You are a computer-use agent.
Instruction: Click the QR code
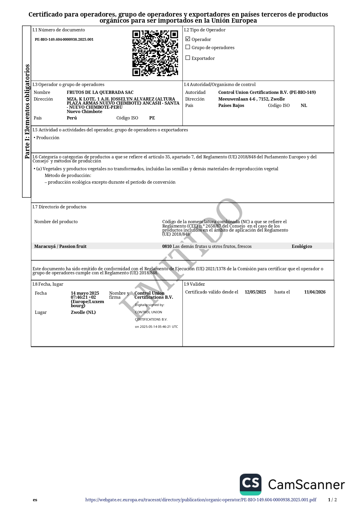155,53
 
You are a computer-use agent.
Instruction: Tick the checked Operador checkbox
188,39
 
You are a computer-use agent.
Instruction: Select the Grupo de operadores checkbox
188,47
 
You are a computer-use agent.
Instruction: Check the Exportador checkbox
188,58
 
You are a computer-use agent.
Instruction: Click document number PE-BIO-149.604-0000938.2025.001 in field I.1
64,40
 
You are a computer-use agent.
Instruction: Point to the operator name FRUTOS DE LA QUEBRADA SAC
100,92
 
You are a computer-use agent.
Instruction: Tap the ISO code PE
152,118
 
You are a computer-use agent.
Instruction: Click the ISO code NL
304,105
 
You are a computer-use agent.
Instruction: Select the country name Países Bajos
231,105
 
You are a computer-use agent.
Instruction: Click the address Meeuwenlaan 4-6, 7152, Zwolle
251,99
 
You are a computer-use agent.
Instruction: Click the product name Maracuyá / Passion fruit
60,246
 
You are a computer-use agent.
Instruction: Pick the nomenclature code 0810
167,246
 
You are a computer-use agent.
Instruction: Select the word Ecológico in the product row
302,246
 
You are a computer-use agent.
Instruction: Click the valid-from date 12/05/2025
255,292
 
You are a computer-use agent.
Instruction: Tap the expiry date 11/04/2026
315,292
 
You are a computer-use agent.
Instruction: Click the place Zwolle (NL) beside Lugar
83,312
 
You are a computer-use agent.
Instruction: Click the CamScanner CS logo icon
251,484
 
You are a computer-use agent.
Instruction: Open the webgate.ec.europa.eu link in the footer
201,500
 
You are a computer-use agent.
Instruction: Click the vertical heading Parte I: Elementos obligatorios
27,112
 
